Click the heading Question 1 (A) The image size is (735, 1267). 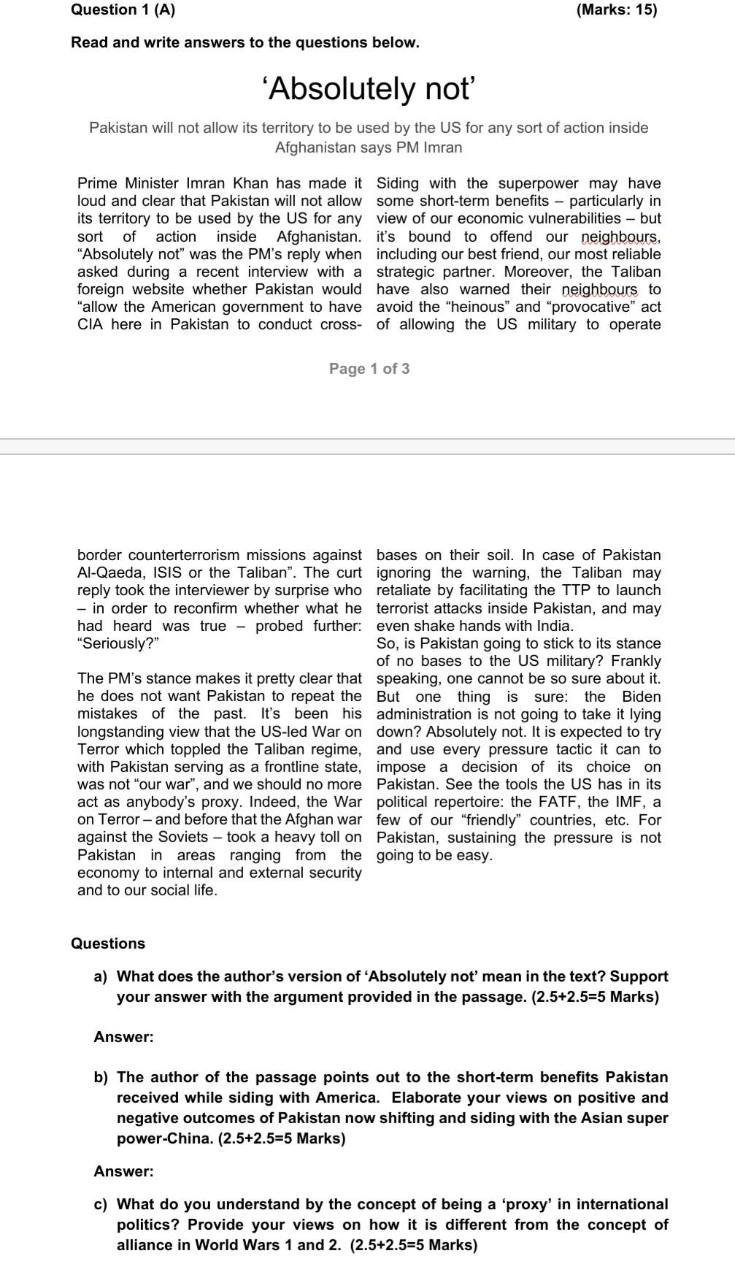[x=123, y=9]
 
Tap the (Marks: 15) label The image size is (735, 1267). [x=616, y=9]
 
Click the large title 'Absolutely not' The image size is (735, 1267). [x=369, y=89]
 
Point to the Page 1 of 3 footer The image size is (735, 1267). [x=369, y=369]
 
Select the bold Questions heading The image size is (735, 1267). [x=108, y=943]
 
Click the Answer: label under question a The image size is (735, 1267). [x=123, y=1037]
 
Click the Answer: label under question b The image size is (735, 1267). [x=123, y=1171]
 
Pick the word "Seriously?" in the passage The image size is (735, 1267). [x=118, y=643]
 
